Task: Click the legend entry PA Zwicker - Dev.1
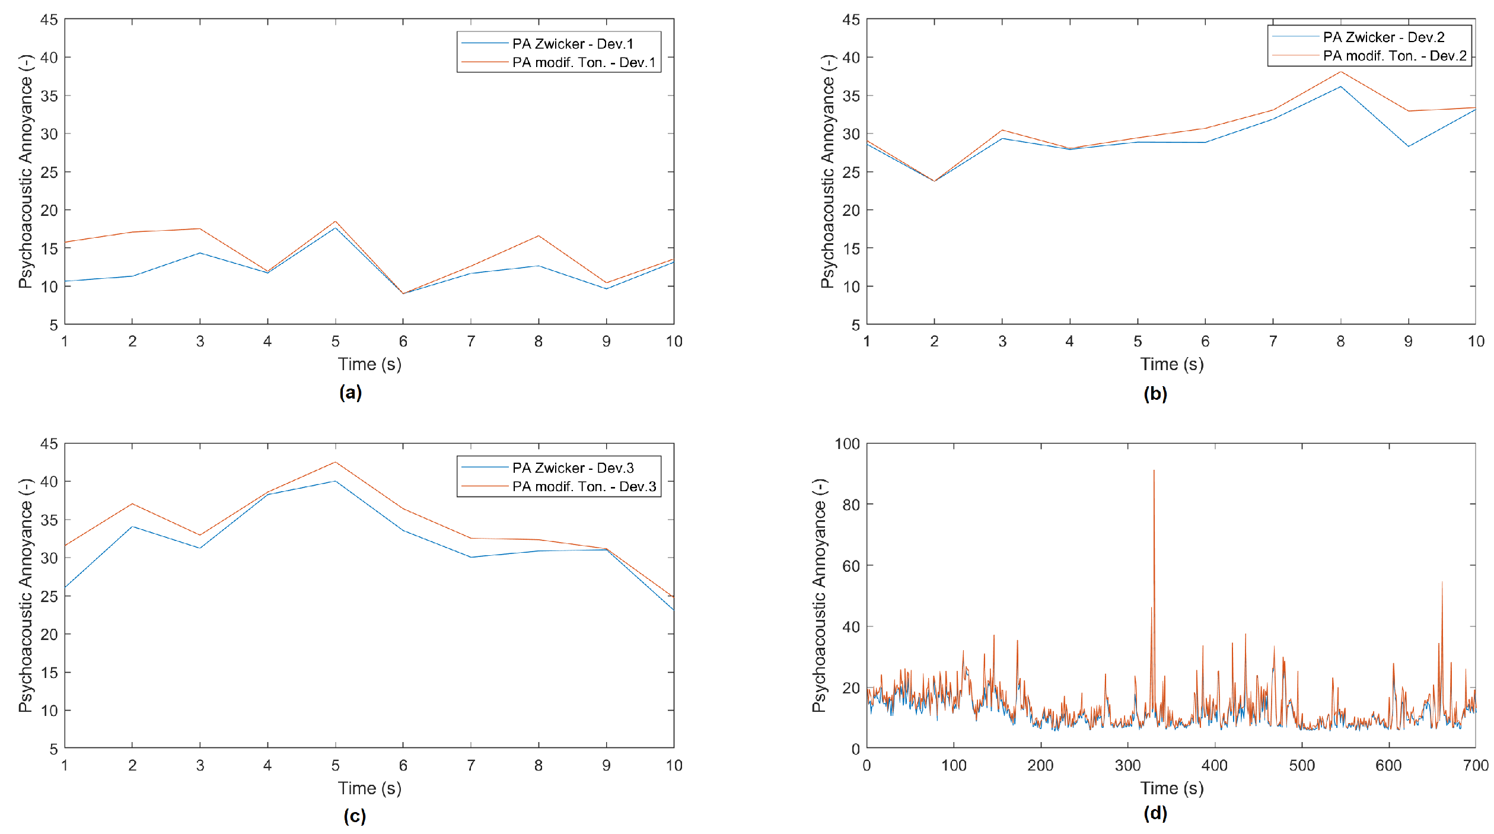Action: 573,44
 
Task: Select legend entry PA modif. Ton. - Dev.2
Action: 1394,56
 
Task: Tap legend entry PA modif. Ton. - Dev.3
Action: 584,486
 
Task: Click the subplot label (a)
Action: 351,392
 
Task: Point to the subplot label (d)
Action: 1155,813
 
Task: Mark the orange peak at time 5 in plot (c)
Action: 335,462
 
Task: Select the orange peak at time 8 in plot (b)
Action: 1340,72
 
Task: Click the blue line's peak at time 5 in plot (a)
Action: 335,228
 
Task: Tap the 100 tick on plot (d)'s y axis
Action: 847,444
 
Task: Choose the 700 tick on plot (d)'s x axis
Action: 1476,765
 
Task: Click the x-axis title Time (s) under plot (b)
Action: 1171,364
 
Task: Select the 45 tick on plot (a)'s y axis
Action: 49,20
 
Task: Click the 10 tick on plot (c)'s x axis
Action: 674,765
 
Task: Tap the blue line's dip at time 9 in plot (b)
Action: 1408,147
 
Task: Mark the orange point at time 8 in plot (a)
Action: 539,236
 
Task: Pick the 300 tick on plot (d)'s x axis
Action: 1127,765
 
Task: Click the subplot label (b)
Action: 1155,394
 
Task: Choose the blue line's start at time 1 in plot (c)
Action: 65,587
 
